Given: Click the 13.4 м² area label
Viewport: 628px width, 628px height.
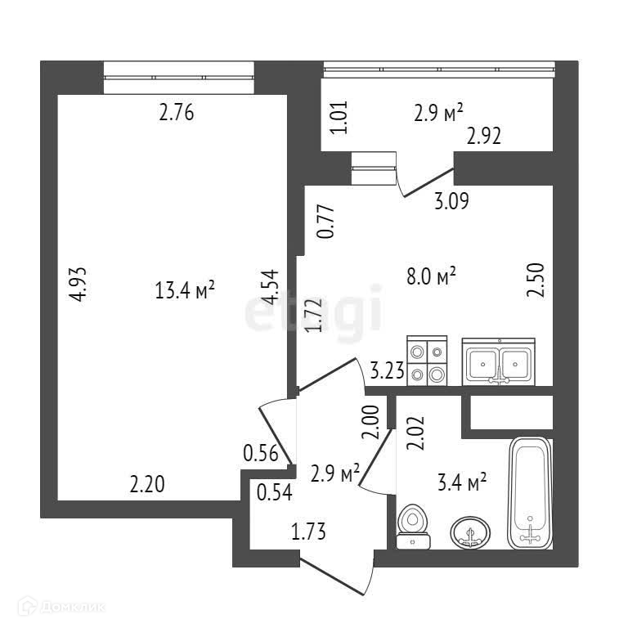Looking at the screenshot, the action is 184,289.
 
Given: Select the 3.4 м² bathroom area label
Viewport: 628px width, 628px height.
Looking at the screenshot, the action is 464,483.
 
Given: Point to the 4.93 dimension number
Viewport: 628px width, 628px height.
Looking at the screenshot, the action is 78,285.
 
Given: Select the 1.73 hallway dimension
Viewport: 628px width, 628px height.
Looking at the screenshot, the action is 309,534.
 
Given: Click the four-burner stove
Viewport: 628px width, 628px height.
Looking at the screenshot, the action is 427,361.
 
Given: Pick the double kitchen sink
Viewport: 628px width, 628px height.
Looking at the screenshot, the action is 498,361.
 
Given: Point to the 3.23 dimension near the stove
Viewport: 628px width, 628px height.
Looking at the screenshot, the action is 387,373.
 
